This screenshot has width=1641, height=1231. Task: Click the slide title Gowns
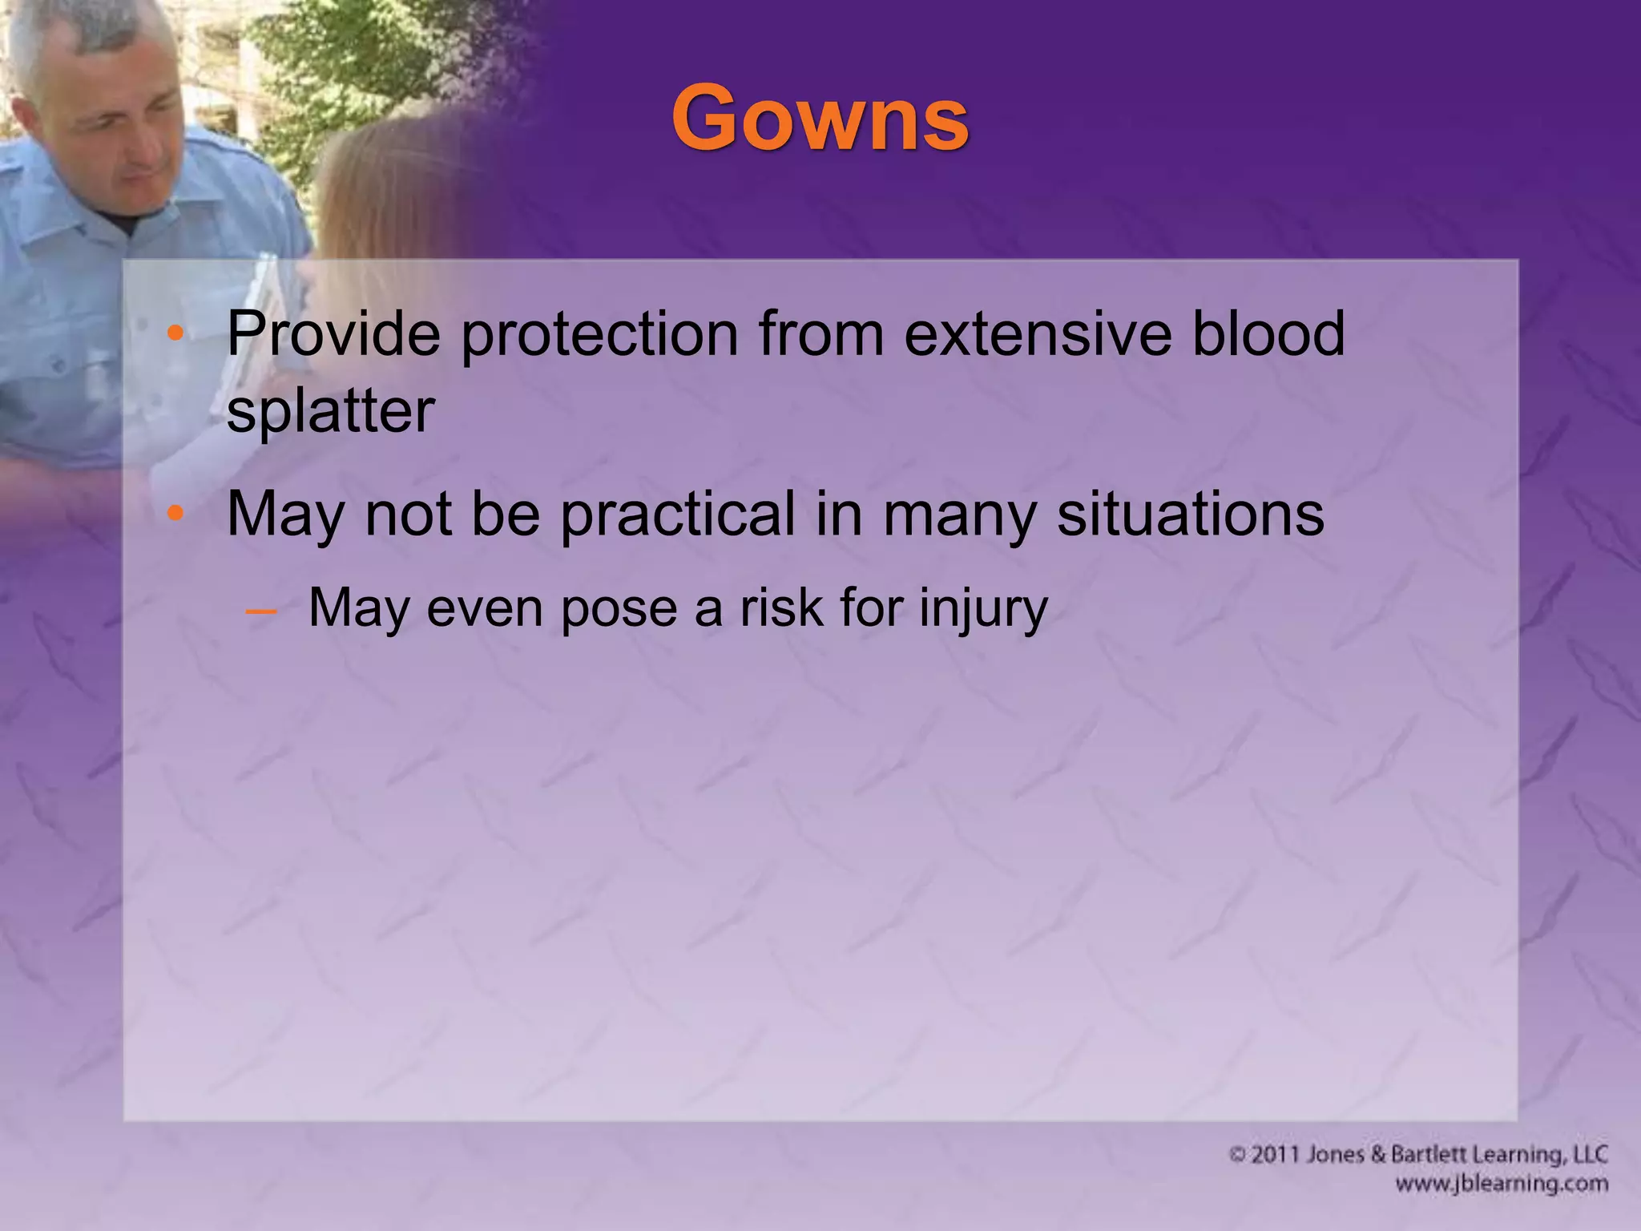tap(820, 119)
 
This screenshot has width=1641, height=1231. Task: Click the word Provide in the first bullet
tap(333, 333)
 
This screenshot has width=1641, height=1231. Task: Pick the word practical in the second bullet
tap(677, 515)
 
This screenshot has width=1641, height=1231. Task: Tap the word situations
tap(1191, 515)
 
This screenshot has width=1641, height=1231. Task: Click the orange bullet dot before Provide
tap(175, 333)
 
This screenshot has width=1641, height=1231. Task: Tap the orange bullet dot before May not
tap(175, 514)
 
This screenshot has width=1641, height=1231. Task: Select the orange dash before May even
tap(261, 611)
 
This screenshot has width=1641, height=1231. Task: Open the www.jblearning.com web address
tap(1502, 1184)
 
